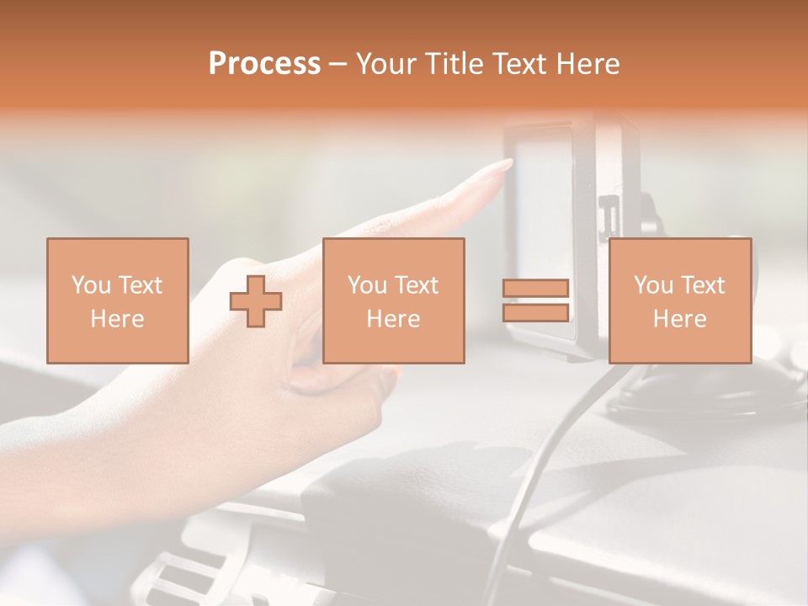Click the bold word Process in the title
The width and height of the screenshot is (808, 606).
point(264,64)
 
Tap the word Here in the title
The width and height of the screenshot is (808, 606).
point(586,64)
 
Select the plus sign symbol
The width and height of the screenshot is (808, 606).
point(256,300)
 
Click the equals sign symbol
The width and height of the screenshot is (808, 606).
point(535,300)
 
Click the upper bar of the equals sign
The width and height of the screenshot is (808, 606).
point(535,289)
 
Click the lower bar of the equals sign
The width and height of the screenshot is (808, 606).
point(535,312)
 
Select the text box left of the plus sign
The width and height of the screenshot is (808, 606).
point(117,300)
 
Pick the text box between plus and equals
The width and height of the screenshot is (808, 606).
point(393,300)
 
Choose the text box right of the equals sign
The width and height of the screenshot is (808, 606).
point(679,300)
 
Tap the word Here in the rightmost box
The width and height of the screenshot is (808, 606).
point(679,319)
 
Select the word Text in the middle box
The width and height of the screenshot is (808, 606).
point(417,285)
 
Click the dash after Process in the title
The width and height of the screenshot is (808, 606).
point(338,64)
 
